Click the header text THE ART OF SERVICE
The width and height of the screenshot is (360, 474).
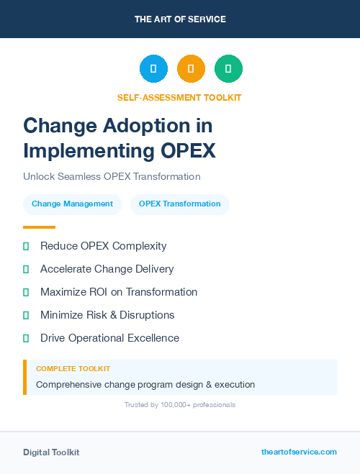(x=180, y=19)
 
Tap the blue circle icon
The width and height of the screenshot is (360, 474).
(x=153, y=68)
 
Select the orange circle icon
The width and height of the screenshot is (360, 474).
(x=191, y=68)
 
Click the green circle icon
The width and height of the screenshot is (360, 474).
(x=228, y=68)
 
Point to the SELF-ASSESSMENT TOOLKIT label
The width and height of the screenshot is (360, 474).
(x=179, y=97)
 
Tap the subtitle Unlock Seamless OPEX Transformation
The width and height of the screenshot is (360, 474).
(x=112, y=176)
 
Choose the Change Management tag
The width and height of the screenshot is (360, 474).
(x=72, y=204)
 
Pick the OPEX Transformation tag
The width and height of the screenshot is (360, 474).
(x=179, y=204)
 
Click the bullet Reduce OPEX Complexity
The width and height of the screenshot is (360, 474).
(x=103, y=246)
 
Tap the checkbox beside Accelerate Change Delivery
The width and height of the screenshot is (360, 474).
(x=26, y=269)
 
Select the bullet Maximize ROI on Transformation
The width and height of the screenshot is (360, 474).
(x=118, y=292)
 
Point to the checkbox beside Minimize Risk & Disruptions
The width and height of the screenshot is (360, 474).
(x=26, y=315)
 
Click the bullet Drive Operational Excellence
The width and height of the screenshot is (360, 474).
(x=109, y=338)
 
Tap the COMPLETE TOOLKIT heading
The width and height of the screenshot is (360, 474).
(x=73, y=368)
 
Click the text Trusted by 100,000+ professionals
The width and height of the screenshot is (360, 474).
(x=180, y=405)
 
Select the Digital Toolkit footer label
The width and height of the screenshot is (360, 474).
(x=51, y=452)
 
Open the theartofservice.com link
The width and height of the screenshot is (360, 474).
(x=299, y=452)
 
